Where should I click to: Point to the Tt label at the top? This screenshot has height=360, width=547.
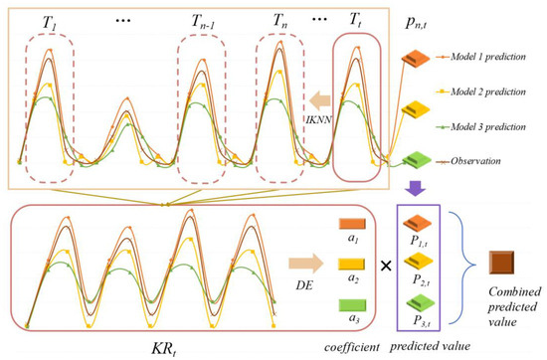click(355, 19)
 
